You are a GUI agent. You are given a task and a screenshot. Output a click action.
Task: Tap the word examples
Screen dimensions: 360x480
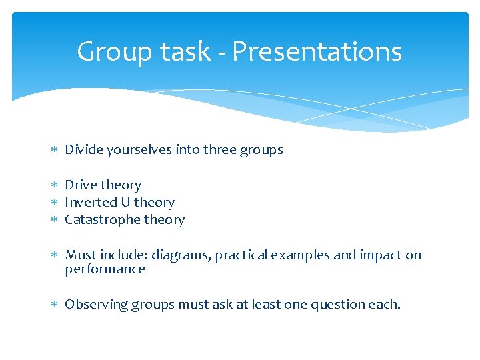coord(297,255)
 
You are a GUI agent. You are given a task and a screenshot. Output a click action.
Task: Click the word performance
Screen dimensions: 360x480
coord(105,269)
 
